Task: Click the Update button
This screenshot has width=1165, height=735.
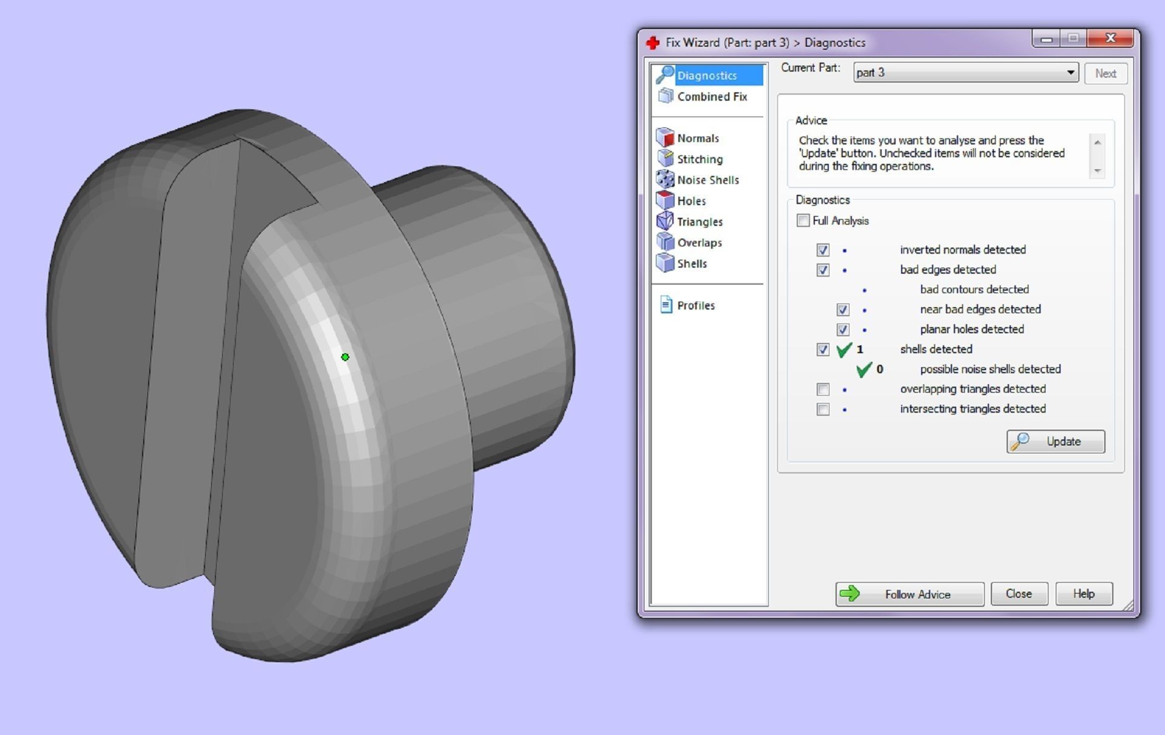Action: tap(1055, 441)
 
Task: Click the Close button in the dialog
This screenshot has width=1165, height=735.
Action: tap(1018, 594)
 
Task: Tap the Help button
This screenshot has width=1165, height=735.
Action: tap(1083, 594)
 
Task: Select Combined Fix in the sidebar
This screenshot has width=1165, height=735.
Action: tap(711, 97)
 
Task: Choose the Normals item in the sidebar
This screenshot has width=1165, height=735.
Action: tap(697, 138)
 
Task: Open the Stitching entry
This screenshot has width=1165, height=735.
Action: tap(699, 159)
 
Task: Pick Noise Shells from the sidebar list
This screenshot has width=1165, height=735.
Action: tap(707, 180)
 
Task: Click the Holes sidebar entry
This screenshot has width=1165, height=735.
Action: tap(691, 201)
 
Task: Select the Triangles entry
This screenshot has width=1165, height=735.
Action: tap(699, 222)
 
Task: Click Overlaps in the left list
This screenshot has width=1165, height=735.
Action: tap(699, 243)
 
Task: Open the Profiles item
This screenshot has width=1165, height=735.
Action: tap(695, 305)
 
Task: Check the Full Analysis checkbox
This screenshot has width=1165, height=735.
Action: tap(803, 220)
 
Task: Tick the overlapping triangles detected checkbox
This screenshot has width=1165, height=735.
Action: tap(823, 389)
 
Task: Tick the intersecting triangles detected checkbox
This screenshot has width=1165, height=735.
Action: tap(823, 409)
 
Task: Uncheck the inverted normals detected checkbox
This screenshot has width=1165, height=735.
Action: tap(823, 250)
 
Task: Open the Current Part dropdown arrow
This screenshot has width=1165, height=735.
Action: tap(1070, 73)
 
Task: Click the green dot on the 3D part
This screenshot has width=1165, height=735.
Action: tap(345, 357)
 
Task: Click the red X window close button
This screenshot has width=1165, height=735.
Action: tap(1110, 38)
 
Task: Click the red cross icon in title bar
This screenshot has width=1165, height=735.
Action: tap(653, 42)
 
